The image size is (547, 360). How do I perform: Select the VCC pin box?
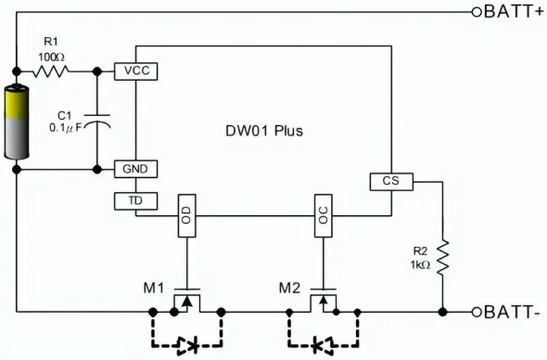click(135, 71)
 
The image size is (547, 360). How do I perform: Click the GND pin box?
click(135, 169)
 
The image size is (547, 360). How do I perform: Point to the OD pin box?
click(186, 216)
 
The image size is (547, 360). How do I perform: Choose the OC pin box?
click(323, 216)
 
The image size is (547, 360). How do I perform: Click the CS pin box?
click(389, 181)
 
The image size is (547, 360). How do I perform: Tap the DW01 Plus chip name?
click(264, 131)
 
